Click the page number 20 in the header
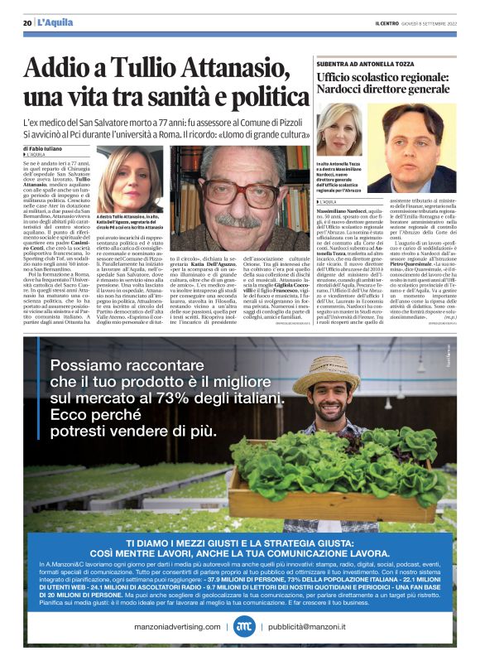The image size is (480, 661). pos(27,22)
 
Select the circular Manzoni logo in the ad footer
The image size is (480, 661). pos(242,627)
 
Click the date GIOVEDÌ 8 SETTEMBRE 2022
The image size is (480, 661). pos(437,22)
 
